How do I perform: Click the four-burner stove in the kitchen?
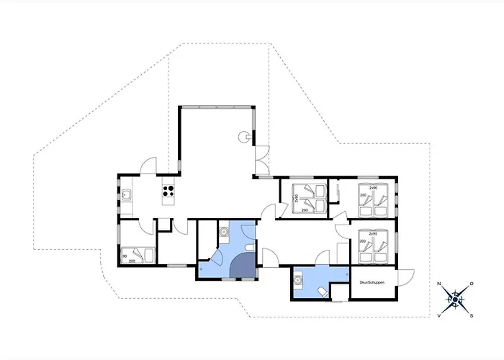tap(168, 192)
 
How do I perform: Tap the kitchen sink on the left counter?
tap(126, 194)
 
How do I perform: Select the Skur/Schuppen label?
tap(372, 282)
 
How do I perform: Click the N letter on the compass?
tap(439, 284)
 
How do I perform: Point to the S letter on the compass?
tap(470, 315)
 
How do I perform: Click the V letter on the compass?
tap(438, 315)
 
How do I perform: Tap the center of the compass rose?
tap(455, 299)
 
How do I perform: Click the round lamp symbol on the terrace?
tap(246, 135)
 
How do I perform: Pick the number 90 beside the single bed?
tap(125, 256)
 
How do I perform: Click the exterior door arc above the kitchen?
tap(148, 166)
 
